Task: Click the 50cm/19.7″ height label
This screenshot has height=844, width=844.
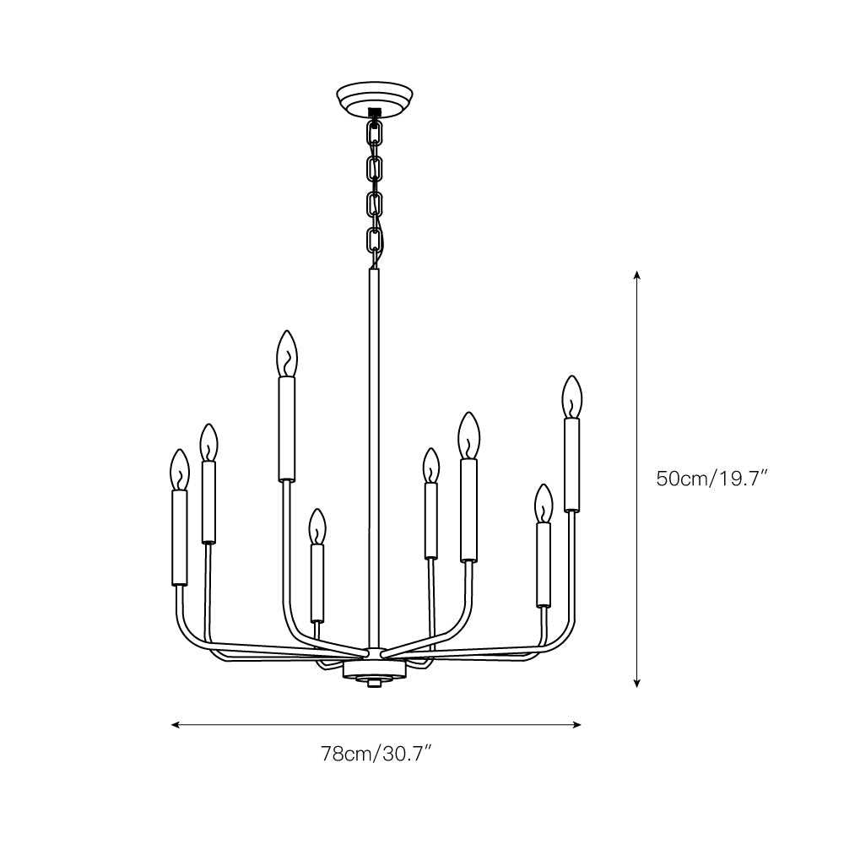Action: click(x=711, y=479)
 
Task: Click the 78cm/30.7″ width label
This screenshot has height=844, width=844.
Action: click(x=376, y=753)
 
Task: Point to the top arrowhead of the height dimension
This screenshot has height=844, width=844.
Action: click(x=637, y=276)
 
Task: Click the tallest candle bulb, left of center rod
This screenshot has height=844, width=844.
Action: click(x=288, y=354)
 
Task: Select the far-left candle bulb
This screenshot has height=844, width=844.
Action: click(x=179, y=469)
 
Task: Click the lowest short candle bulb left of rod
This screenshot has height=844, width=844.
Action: click(x=316, y=527)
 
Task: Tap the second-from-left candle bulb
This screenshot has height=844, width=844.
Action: click(x=208, y=442)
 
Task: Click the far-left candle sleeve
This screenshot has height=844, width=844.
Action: click(x=179, y=538)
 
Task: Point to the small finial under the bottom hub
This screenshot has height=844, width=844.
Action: click(x=372, y=684)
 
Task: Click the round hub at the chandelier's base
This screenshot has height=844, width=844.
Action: click(x=372, y=671)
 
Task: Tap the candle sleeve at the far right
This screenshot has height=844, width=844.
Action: click(x=572, y=465)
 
